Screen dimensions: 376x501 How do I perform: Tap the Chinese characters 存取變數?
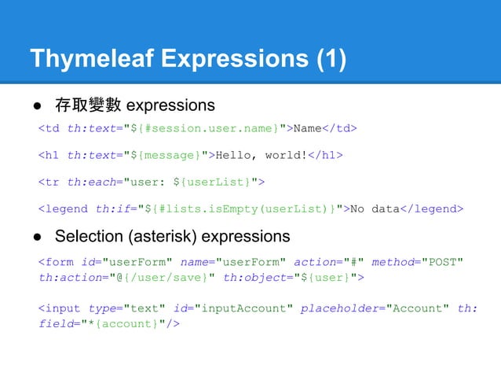87,105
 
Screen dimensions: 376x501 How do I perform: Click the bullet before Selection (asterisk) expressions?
36,236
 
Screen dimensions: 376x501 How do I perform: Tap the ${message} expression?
169,155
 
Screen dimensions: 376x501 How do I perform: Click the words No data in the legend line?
375,209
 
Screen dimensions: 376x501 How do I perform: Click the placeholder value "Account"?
419,308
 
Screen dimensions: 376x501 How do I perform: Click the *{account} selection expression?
125,323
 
